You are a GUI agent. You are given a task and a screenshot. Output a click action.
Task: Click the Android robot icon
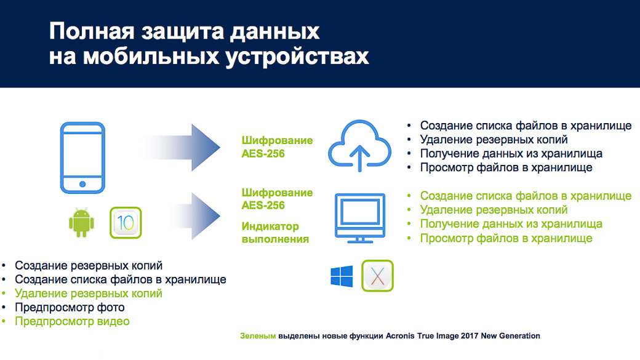pos(82,222)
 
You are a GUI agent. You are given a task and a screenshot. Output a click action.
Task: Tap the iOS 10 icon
pos(126,223)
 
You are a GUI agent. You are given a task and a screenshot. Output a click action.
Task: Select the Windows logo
pos(342,276)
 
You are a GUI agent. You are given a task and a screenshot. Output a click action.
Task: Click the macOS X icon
pos(378,276)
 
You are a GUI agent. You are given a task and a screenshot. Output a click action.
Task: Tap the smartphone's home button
pos(82,184)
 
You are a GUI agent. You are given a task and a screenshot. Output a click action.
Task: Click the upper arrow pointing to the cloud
pos(182,147)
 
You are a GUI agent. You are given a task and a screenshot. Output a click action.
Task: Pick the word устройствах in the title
pos(298,57)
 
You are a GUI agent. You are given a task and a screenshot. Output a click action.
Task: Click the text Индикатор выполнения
pos(276,233)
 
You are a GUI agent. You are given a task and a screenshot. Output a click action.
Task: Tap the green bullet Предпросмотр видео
pos(72,321)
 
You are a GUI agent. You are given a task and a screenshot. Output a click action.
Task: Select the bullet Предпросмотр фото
pos(70,307)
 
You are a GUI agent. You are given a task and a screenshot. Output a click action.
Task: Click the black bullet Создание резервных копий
pos(89,265)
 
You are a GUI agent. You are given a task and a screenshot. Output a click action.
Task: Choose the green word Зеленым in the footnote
pos(258,336)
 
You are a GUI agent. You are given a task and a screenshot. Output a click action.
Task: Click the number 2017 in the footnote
pos(470,336)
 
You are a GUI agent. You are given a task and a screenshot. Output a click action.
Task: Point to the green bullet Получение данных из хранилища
pos(511,223)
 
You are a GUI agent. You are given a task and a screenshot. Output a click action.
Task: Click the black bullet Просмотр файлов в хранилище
pos(506,167)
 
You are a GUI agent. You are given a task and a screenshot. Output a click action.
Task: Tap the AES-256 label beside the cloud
pos(263,154)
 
